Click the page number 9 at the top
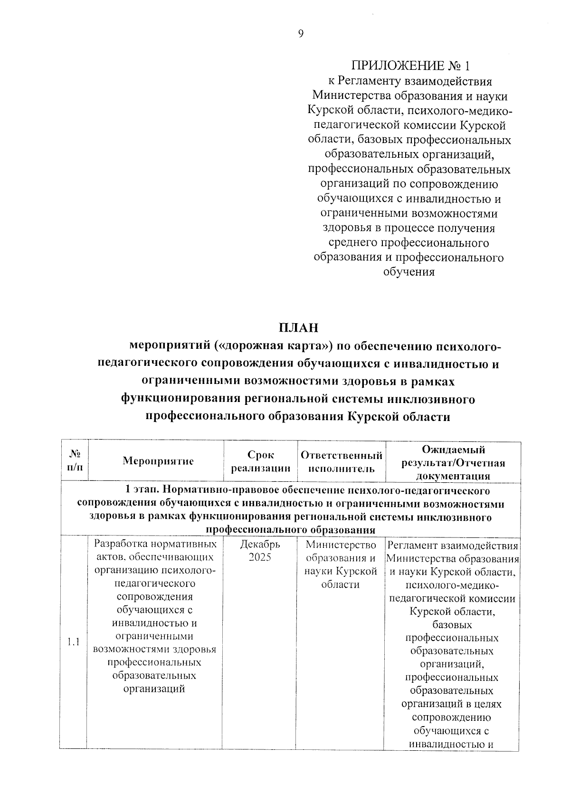pos(300,33)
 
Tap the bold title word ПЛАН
pos(298,328)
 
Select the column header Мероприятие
pos(158,461)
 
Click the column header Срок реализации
pos(260,461)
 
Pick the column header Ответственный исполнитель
pos(342,462)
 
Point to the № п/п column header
pos(75,461)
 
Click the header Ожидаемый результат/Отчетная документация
pos(453,462)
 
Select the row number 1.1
pos(73,642)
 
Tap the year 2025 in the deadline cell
pos(260,557)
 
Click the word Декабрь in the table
pos(260,544)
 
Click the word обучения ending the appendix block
pos(409,272)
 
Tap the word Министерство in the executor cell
pos(341,545)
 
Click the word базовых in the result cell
pos(452,624)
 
